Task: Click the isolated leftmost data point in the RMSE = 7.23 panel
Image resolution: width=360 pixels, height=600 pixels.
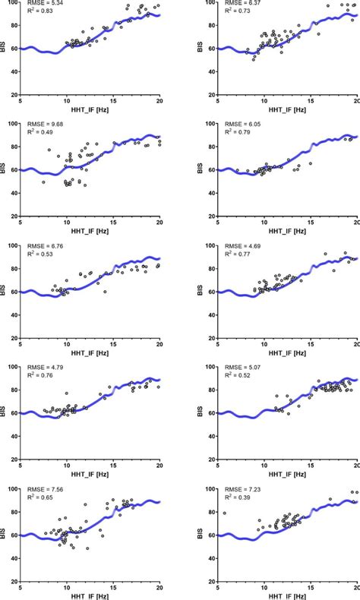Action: coord(224,513)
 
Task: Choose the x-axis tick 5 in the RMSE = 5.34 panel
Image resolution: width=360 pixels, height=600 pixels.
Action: coord(21,102)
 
